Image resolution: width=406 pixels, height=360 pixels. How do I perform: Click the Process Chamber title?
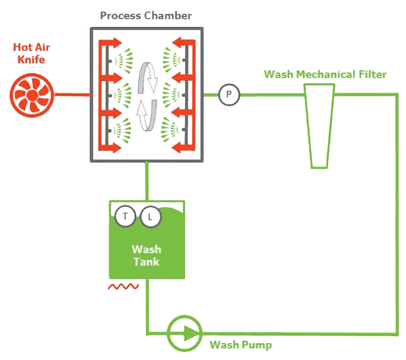(x=146, y=16)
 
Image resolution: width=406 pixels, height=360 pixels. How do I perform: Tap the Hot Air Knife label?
(x=31, y=53)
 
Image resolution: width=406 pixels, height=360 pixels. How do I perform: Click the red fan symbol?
(x=32, y=95)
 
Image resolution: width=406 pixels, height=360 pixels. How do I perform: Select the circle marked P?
(x=229, y=95)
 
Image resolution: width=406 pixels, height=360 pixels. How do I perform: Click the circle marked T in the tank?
(x=125, y=216)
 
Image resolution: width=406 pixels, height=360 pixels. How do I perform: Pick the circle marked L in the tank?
(x=150, y=216)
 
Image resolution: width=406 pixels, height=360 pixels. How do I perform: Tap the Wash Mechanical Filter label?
(x=325, y=74)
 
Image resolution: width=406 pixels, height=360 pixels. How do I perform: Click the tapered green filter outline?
(x=319, y=126)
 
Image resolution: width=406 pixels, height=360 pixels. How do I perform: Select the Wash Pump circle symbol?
(x=184, y=333)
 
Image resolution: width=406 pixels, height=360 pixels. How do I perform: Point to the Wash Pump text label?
(x=241, y=345)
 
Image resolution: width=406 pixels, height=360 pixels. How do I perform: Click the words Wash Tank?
(x=147, y=256)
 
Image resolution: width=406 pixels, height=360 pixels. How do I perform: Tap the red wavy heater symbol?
(x=123, y=286)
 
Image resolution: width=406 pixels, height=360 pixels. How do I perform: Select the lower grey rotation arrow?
(x=147, y=115)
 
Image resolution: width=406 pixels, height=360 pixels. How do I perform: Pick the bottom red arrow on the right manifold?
(x=183, y=148)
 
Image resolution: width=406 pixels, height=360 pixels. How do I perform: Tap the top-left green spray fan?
(x=125, y=60)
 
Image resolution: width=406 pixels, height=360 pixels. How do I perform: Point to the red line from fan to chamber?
(x=73, y=95)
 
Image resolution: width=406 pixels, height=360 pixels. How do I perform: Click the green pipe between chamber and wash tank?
(x=147, y=181)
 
